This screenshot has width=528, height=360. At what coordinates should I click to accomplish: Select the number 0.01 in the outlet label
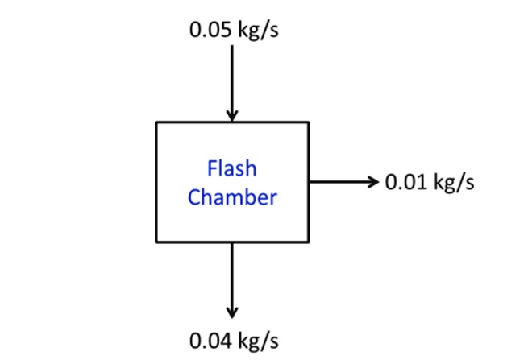pyautogui.click(x=405, y=181)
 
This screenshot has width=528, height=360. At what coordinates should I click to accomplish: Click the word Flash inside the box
pyautogui.click(x=231, y=169)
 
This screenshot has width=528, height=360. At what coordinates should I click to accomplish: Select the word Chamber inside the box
pyautogui.click(x=231, y=197)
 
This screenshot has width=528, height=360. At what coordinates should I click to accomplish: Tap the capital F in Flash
pyautogui.click(x=213, y=169)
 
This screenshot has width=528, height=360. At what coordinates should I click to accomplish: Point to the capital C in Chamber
pyautogui.click(x=194, y=197)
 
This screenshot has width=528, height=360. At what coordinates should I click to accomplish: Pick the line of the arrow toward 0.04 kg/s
pyautogui.click(x=232, y=274)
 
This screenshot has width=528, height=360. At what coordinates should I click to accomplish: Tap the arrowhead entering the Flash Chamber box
pyautogui.click(x=232, y=116)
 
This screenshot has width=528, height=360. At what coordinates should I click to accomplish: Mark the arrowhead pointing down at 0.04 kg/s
pyautogui.click(x=232, y=312)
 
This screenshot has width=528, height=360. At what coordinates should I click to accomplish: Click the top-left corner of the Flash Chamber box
pyautogui.click(x=156, y=122)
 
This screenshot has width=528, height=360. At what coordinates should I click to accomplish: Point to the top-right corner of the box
pyautogui.click(x=308, y=122)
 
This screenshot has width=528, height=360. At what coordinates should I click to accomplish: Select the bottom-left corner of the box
pyautogui.click(x=156, y=242)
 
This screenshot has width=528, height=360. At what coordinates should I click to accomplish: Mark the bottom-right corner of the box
pyautogui.click(x=308, y=242)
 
